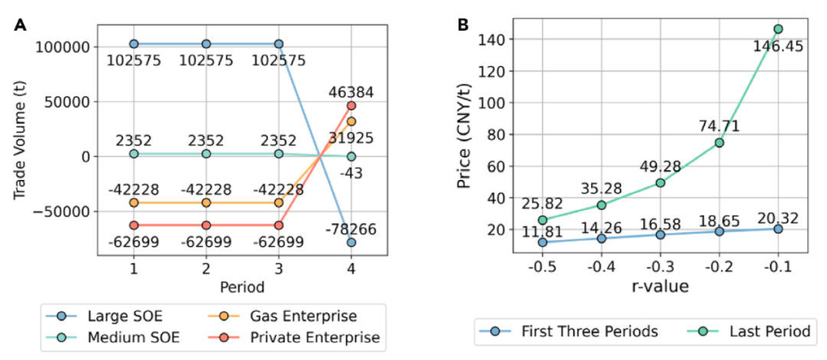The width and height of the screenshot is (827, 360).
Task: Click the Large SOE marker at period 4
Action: pyautogui.click(x=351, y=243)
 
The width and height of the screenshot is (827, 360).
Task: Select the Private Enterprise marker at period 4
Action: pyautogui.click(x=351, y=106)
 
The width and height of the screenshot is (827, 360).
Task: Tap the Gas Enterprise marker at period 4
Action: pyautogui.click(x=351, y=121)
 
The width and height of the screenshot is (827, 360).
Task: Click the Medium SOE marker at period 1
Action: pyautogui.click(x=134, y=154)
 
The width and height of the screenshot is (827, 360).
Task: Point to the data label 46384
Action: pyautogui.click(x=351, y=92)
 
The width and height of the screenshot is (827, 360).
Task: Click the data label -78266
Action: pyautogui.click(x=351, y=229)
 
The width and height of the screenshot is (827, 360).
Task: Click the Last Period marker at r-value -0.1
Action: pyautogui.click(x=778, y=29)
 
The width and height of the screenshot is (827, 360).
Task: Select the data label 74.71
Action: pyautogui.click(x=719, y=126)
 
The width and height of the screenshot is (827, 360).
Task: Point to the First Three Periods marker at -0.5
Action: pyautogui.click(x=543, y=242)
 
